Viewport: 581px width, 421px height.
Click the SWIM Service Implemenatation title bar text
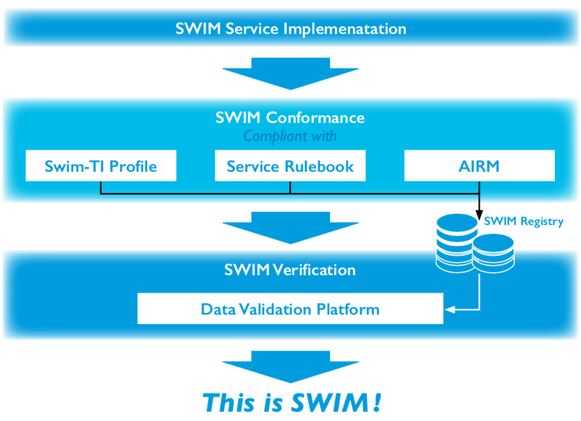point(290,29)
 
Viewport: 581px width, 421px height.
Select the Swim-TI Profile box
point(101,166)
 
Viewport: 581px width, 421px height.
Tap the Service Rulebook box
point(290,166)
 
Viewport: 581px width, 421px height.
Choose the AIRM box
point(479,166)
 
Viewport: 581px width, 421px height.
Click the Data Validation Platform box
point(290,309)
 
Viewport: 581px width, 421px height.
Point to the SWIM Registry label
point(523,221)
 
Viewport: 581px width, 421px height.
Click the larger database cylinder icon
point(456,241)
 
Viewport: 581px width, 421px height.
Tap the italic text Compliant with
point(290,136)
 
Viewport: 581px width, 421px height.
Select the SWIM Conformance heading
point(290,118)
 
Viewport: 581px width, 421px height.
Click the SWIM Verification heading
point(290,270)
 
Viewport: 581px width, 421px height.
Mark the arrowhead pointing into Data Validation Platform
point(448,309)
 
